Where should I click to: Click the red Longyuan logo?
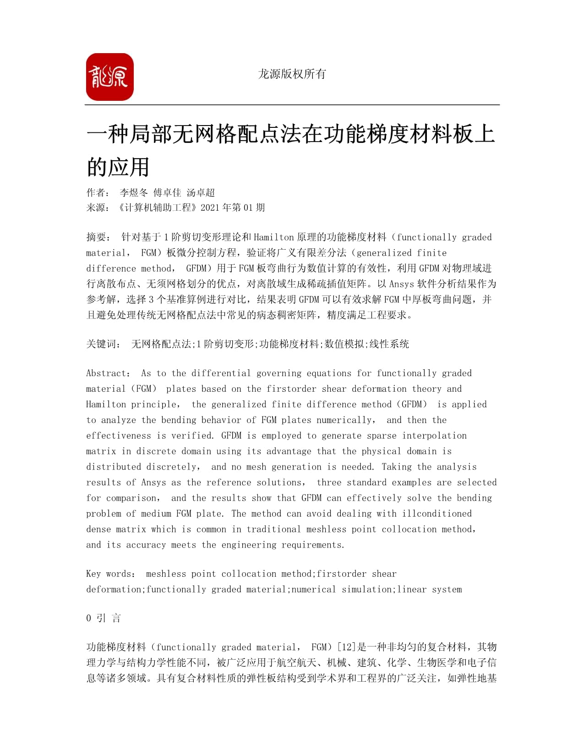pyautogui.click(x=109, y=77)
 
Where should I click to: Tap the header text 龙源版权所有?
pyautogui.click(x=292, y=74)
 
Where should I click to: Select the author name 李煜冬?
pyautogui.click(x=134, y=193)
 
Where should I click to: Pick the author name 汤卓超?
pyautogui.click(x=201, y=193)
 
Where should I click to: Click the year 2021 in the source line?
pyautogui.click(x=210, y=208)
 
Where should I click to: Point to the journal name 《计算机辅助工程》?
pyautogui.click(x=156, y=208)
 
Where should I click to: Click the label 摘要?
pyautogui.click(x=98, y=237)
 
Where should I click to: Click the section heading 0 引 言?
pyautogui.click(x=104, y=619)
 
